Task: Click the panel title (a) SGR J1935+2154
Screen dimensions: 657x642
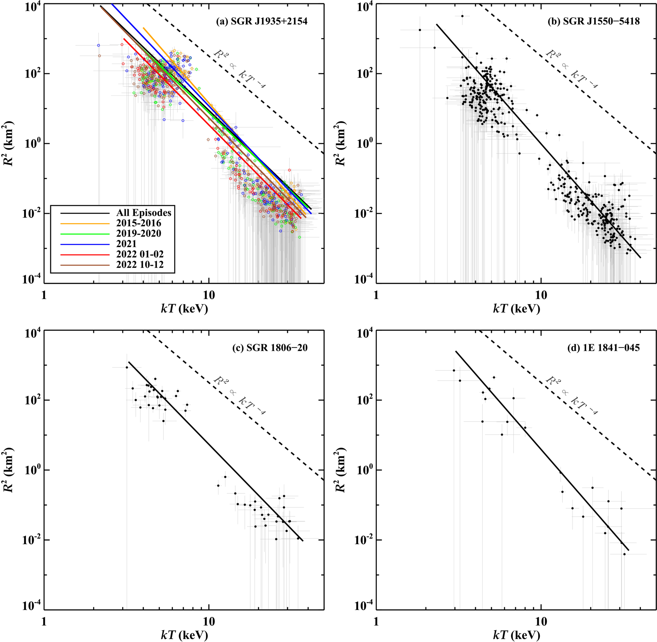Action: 262,21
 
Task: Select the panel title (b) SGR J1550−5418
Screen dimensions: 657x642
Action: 594,21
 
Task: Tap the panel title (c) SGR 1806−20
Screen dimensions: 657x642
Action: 270,348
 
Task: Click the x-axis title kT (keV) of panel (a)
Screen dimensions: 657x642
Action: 184,309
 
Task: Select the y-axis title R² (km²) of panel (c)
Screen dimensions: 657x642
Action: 8,470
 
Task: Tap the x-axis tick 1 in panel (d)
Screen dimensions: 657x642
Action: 376,622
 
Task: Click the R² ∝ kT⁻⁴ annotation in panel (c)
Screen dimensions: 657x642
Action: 239,396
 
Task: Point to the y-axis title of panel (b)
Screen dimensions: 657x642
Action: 340,144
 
